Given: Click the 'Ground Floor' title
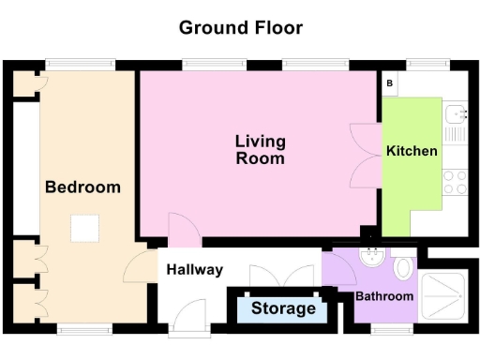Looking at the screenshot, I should point(241,27).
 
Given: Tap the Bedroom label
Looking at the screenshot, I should point(82,187).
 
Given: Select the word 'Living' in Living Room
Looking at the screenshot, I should point(260,142).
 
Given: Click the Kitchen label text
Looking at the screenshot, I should point(412,150).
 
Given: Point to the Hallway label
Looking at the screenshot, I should point(195,270).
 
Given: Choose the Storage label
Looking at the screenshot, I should point(282,307).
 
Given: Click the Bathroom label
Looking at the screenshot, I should point(383,296).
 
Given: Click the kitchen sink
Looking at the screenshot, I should point(457,114).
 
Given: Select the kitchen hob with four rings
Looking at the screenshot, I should point(455,181).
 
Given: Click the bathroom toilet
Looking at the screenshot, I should point(403,269).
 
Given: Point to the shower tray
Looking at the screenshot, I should point(448,293).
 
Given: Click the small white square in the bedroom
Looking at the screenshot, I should point(85,228).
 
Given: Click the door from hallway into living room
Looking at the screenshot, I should point(180,227).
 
